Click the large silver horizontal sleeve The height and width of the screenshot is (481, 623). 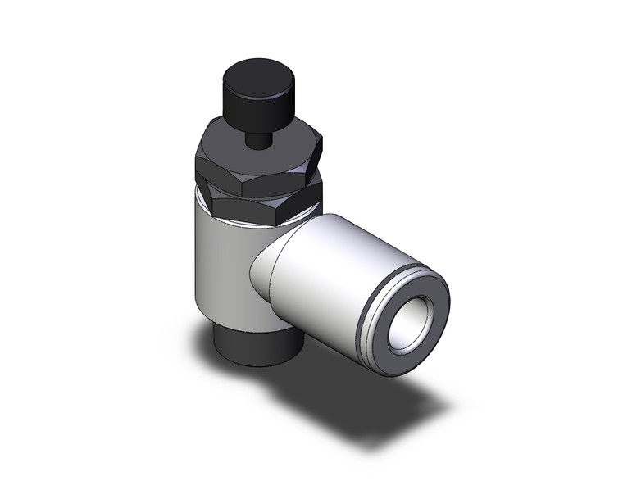[x=328, y=270]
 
